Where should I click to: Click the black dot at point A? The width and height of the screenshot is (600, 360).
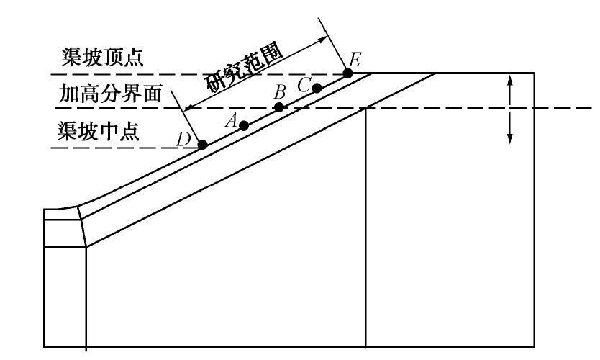(244, 125)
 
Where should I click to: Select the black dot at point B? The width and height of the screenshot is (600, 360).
(280, 107)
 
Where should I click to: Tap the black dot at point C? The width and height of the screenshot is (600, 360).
(317, 89)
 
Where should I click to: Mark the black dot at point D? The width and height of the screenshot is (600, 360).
(203, 144)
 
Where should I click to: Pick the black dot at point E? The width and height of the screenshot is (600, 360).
(348, 73)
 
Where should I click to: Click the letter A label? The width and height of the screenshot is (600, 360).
(232, 120)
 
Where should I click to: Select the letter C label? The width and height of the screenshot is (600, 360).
(304, 84)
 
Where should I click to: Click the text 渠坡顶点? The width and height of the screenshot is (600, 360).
(101, 58)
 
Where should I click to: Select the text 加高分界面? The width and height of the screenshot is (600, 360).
(109, 94)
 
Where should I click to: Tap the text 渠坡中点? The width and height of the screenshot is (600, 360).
(101, 132)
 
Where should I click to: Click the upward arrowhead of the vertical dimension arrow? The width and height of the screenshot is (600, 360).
(510, 78)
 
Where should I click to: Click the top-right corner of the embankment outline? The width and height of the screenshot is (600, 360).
(534, 73)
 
